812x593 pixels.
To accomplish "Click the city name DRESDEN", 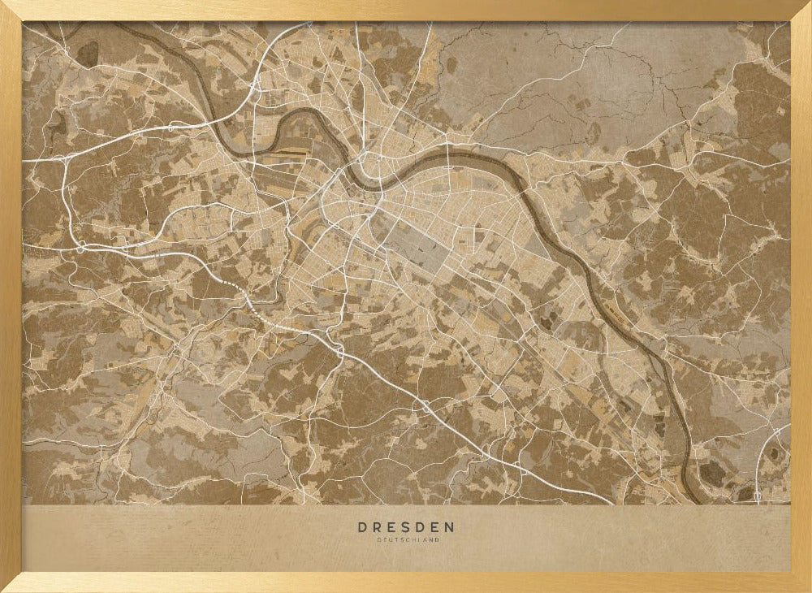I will point(406,527).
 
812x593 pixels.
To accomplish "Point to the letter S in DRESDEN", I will point(406,527).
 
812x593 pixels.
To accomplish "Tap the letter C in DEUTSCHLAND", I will point(408,540).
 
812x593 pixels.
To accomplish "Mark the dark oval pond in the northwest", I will point(87,52).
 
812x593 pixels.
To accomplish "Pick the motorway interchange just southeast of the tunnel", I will point(339,352).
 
